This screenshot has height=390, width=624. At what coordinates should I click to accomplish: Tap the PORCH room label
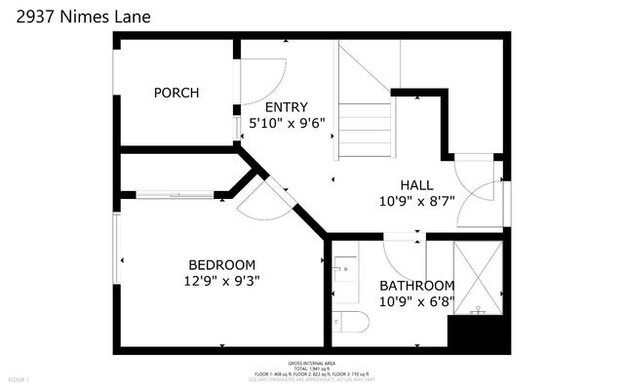tap(176, 94)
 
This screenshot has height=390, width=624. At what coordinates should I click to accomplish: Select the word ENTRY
tap(287, 107)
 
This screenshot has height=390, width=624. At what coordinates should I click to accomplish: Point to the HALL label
tap(417, 185)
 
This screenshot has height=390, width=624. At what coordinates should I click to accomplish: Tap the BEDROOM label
tap(221, 264)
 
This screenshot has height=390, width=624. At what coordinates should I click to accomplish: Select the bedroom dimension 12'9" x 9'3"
tap(223, 281)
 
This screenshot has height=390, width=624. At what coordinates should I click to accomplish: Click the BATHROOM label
tap(416, 286)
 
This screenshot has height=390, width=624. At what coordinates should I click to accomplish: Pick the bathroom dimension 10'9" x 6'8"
tap(416, 301)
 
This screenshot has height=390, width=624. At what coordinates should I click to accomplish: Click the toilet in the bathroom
tap(346, 321)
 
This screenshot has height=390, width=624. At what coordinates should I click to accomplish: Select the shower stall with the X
tap(478, 277)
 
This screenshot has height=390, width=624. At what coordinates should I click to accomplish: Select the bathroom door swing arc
tap(401, 258)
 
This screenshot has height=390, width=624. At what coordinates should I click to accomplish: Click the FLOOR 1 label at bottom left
tap(19, 378)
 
